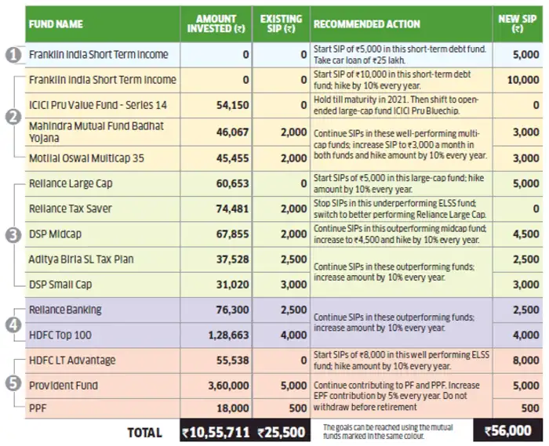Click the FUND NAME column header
click(x=56, y=24)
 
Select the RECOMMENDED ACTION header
click(x=366, y=24)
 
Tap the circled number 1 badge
click(x=13, y=55)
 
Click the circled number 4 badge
click(x=13, y=325)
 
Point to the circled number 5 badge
click(x=13, y=383)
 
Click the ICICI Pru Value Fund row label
click(x=98, y=105)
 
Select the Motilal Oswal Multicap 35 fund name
click(x=86, y=158)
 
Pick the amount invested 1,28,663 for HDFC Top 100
click(x=229, y=335)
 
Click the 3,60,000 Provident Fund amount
click(x=229, y=386)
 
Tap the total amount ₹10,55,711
click(x=216, y=433)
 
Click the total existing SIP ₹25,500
click(x=281, y=433)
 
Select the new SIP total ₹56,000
click(x=508, y=430)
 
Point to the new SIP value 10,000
click(x=523, y=80)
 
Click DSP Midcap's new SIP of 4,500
click(x=526, y=234)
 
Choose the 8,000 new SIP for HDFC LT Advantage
click(x=526, y=361)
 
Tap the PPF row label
click(x=38, y=408)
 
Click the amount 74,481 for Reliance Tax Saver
click(x=232, y=208)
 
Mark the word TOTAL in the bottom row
click(x=144, y=433)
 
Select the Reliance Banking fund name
click(x=65, y=310)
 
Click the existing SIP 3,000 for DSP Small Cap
click(x=294, y=285)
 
